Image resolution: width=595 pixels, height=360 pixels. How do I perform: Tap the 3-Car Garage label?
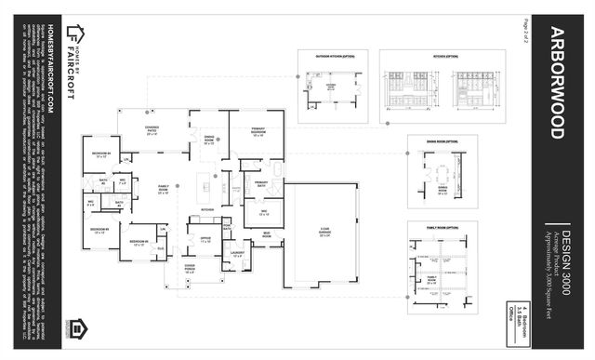[x=324, y=235]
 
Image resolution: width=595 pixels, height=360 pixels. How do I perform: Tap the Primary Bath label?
[x=261, y=184]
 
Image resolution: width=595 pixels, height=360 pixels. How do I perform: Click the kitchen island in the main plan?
[x=205, y=187]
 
